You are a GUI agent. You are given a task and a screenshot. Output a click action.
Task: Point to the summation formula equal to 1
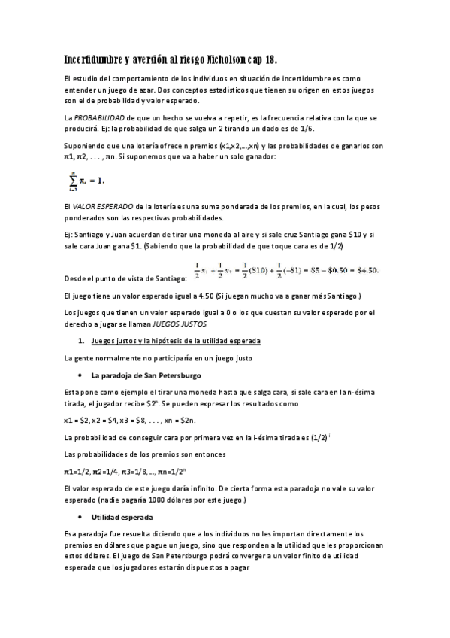[x=85, y=181]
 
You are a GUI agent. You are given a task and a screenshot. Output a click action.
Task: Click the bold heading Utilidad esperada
[x=122, y=518]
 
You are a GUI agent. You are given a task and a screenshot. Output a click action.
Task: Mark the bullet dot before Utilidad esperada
[x=80, y=518]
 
